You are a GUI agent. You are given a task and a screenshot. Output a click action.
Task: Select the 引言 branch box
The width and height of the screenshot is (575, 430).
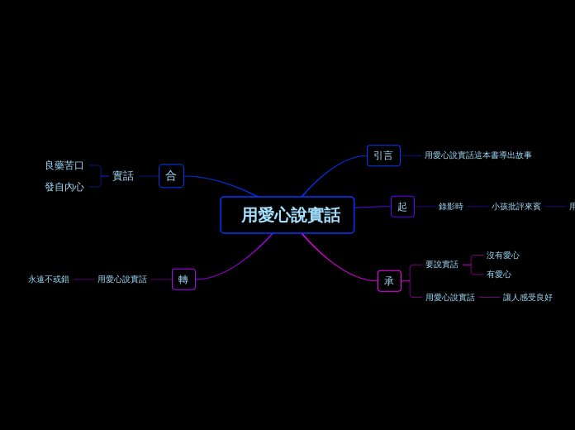(383, 155)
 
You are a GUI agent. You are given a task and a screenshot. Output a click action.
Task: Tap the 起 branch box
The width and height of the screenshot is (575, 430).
(402, 207)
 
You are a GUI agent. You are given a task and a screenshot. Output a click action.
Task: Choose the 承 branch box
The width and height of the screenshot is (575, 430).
(389, 281)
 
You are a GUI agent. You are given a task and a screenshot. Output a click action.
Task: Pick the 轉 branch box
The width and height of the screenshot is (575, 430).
(183, 279)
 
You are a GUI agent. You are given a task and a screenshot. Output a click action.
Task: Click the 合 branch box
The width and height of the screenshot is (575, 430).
(171, 176)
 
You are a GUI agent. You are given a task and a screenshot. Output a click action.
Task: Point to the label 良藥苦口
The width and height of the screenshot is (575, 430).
(64, 165)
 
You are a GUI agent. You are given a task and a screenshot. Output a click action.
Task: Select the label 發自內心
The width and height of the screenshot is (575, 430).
(64, 187)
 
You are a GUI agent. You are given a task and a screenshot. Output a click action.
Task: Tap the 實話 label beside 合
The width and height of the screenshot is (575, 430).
(123, 176)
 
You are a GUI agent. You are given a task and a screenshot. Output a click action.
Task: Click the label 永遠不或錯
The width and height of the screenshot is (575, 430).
(49, 279)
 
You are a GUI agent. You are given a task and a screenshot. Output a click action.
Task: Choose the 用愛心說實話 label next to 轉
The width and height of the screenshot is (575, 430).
(122, 279)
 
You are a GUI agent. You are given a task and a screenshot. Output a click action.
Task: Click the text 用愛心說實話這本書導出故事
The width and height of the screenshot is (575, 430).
(478, 155)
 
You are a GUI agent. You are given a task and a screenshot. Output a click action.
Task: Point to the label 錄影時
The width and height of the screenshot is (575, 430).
(451, 207)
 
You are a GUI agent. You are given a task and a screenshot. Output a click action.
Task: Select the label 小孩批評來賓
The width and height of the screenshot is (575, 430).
(516, 207)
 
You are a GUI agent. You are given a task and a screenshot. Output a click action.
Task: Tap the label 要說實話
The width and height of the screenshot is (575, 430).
(442, 265)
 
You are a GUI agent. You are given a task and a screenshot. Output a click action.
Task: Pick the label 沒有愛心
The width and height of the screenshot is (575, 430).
(503, 256)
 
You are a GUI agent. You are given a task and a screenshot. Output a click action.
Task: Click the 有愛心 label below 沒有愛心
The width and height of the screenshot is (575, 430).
(499, 275)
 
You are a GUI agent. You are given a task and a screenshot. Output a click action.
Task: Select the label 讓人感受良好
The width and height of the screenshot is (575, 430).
(528, 298)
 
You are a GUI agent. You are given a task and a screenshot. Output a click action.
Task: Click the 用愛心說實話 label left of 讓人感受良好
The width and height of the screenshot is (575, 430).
(450, 298)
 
